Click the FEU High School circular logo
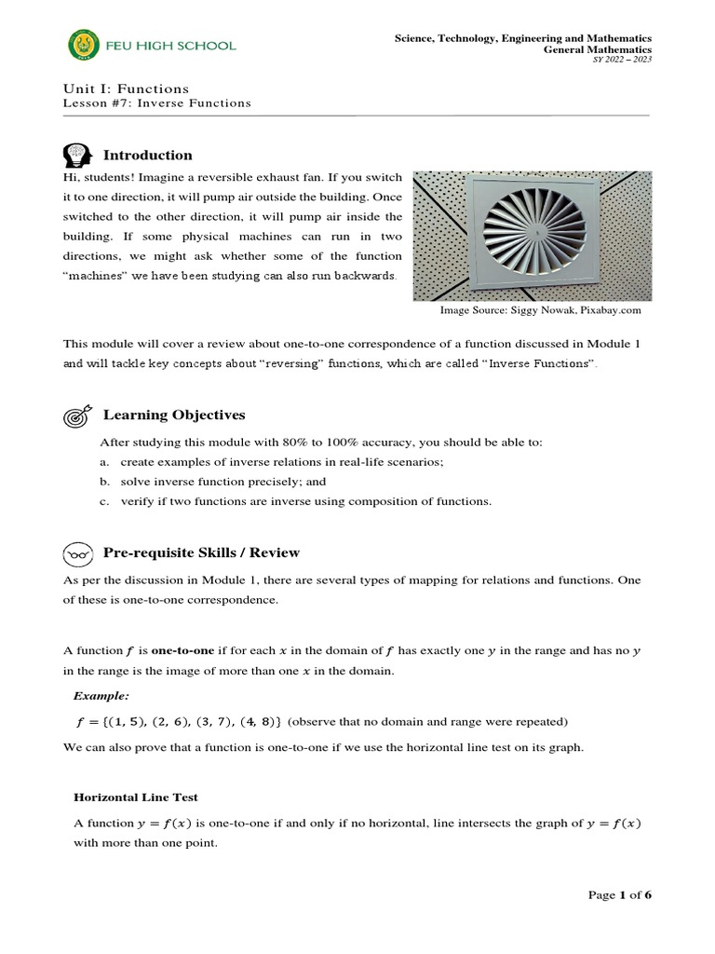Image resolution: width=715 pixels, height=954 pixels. click(x=84, y=45)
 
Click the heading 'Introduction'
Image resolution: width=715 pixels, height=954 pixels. click(x=147, y=156)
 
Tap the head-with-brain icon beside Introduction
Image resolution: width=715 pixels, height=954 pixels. click(x=76, y=155)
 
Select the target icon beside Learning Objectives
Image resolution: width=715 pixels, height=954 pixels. click(x=76, y=416)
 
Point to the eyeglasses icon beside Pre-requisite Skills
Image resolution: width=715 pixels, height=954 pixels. click(x=76, y=553)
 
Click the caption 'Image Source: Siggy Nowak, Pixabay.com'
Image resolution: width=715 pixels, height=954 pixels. click(x=540, y=310)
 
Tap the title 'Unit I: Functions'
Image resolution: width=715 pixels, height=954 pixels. click(x=126, y=89)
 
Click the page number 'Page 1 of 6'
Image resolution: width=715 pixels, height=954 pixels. click(x=619, y=895)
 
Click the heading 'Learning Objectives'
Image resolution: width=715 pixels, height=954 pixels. click(x=174, y=415)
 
